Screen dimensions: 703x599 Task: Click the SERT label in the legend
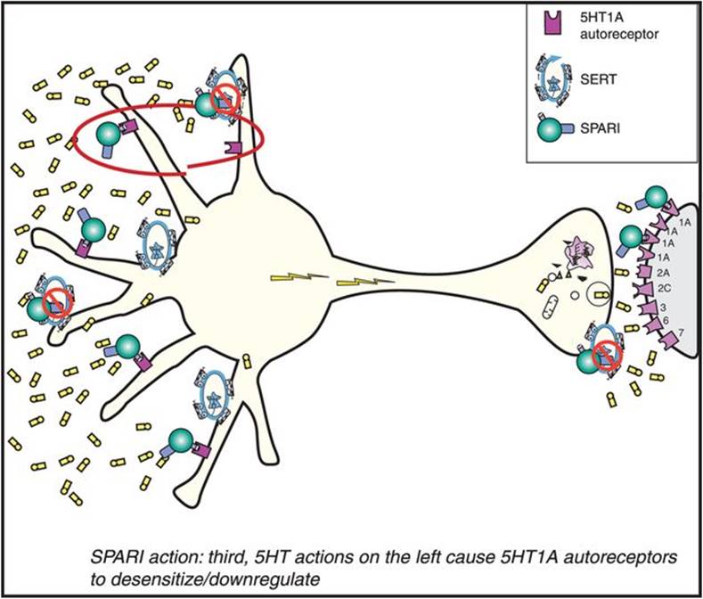tap(598, 79)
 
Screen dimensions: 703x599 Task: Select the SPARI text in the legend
tap(600, 128)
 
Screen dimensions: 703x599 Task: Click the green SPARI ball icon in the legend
tap(548, 129)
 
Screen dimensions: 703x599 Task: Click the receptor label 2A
tap(664, 273)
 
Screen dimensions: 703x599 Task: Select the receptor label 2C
tap(664, 289)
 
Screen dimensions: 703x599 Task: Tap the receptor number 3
tap(663, 308)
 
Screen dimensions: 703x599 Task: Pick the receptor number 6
tap(666, 320)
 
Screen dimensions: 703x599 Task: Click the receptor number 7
tap(681, 333)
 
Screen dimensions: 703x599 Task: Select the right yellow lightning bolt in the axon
tap(365, 282)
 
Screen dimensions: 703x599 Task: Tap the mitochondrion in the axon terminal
tap(550, 308)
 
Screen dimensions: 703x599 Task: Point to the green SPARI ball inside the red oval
tap(108, 135)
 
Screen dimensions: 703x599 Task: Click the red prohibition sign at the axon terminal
tap(607, 355)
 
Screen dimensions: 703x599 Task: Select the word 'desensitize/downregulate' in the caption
tap(205, 579)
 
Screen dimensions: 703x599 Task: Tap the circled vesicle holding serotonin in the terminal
tap(599, 294)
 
